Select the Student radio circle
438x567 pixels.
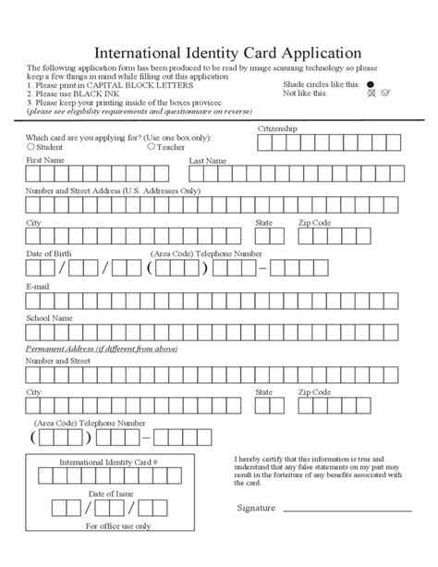pos(31,146)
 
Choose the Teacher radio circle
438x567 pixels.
pos(152,146)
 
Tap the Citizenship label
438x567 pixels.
pos(277,128)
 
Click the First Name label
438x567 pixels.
pos(45,160)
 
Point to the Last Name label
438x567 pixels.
pos(207,160)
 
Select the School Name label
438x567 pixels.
pos(50,317)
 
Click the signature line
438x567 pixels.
pos(346,510)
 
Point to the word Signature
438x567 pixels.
pos(256,508)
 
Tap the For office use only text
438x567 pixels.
pos(118,525)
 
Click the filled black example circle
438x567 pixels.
pos(371,83)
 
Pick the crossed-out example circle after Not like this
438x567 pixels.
pos(371,93)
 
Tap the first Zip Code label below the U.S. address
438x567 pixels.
pos(313,223)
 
